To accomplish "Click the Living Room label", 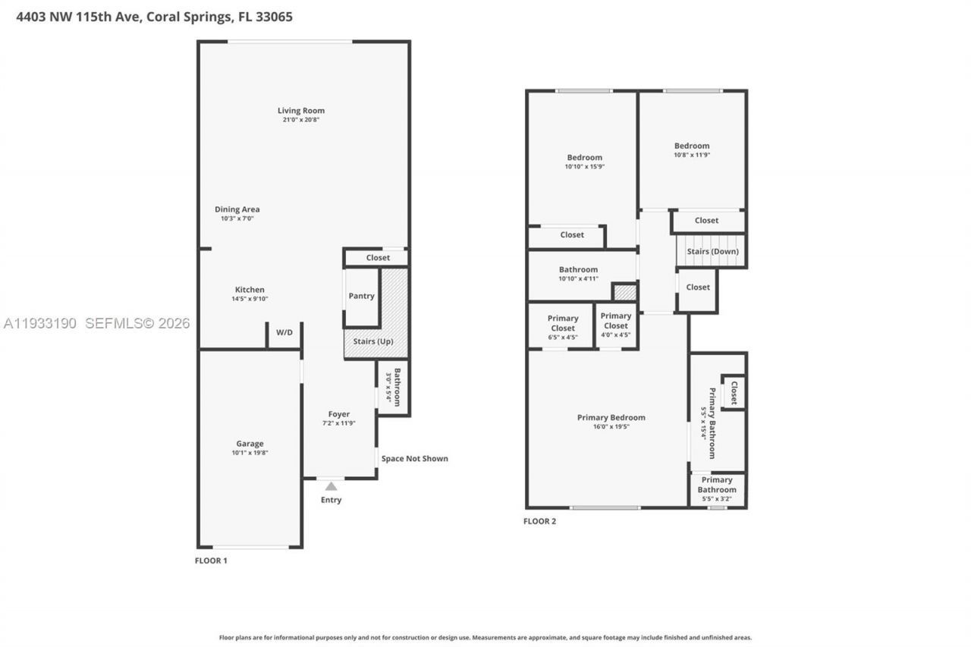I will pyautogui.click(x=300, y=111).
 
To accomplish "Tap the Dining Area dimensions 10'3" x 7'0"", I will pyautogui.click(x=237, y=218).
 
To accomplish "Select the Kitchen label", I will pyautogui.click(x=250, y=290).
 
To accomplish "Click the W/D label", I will pyautogui.click(x=284, y=332).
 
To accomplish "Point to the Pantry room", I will pyautogui.click(x=361, y=296).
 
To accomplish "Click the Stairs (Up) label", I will pyautogui.click(x=374, y=341).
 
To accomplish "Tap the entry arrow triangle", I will pyautogui.click(x=331, y=486).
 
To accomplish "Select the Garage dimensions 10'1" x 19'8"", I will pyautogui.click(x=250, y=453).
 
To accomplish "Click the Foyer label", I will pyautogui.click(x=338, y=414).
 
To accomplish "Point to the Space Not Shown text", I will pyautogui.click(x=414, y=458).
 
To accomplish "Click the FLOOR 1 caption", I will pyautogui.click(x=211, y=561).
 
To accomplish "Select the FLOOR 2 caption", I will pyautogui.click(x=539, y=521).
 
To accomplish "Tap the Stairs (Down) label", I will pyautogui.click(x=712, y=252).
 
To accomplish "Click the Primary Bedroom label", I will pyautogui.click(x=611, y=417).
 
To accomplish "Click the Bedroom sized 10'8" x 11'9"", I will pyautogui.click(x=692, y=149).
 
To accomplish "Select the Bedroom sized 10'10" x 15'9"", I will pyautogui.click(x=584, y=162).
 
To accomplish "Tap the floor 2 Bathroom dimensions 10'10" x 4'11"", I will pyautogui.click(x=578, y=278).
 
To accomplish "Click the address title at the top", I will pyautogui.click(x=155, y=16).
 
